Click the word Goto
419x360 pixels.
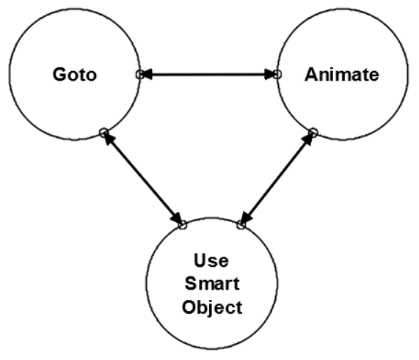coord(75,74)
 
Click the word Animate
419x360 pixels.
coord(342,74)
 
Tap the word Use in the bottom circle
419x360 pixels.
coord(211,260)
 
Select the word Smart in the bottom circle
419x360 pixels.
coord(211,283)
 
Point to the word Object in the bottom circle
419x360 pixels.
coord(212,307)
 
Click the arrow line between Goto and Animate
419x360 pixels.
coord(208,74)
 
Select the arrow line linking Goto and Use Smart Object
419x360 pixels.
coord(142,178)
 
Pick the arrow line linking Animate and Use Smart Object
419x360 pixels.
coord(277,178)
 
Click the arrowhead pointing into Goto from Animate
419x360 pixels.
coord(147,74)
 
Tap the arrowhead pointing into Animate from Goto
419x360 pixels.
coord(271,74)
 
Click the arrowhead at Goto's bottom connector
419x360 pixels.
coord(109,139)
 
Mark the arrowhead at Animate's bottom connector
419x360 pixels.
coord(308,139)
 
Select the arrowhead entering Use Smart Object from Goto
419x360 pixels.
coord(177,218)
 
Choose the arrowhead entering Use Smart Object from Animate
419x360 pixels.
coord(246,218)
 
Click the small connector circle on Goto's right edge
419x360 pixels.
coord(139,75)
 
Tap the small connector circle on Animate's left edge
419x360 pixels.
coord(277,74)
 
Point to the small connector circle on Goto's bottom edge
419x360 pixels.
coord(103,133)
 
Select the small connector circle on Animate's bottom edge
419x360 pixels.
coord(313,133)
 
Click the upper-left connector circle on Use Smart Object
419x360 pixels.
coord(183,225)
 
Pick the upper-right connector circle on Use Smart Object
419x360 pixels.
coord(241,225)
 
